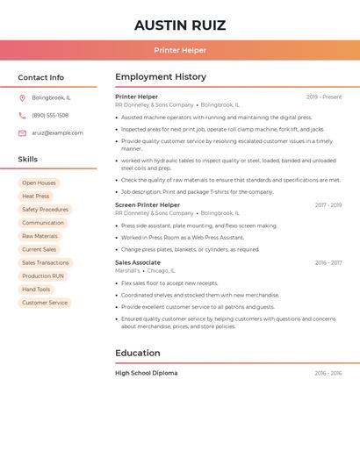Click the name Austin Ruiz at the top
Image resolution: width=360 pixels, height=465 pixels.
(x=180, y=25)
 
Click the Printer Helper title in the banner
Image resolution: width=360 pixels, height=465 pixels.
(x=180, y=50)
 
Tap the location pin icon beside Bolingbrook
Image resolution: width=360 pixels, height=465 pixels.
(x=22, y=97)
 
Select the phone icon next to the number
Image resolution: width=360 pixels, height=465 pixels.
(x=22, y=115)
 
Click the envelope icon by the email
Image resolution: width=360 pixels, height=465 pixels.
(x=22, y=132)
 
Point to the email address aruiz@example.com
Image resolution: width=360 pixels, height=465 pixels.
(x=57, y=132)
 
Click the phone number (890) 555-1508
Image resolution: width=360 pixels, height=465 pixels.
(x=50, y=115)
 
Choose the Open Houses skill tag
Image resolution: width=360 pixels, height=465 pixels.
(x=39, y=182)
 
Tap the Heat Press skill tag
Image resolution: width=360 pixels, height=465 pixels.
(x=36, y=197)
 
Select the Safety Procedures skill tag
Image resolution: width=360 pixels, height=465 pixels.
(x=45, y=210)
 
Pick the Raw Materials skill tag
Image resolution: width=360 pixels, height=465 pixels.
(x=40, y=236)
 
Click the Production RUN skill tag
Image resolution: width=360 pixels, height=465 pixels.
(x=43, y=275)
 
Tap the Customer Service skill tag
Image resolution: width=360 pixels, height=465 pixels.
(x=45, y=303)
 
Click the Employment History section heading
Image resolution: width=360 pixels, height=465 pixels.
(x=161, y=77)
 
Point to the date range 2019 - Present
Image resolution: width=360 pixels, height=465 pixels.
(x=323, y=97)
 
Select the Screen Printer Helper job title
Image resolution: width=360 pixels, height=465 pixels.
(x=148, y=205)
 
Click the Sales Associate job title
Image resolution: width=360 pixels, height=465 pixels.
(x=138, y=262)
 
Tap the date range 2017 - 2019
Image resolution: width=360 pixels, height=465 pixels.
(x=328, y=205)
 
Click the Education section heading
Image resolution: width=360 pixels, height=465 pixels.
(x=138, y=353)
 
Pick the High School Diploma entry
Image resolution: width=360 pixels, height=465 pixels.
(x=146, y=373)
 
